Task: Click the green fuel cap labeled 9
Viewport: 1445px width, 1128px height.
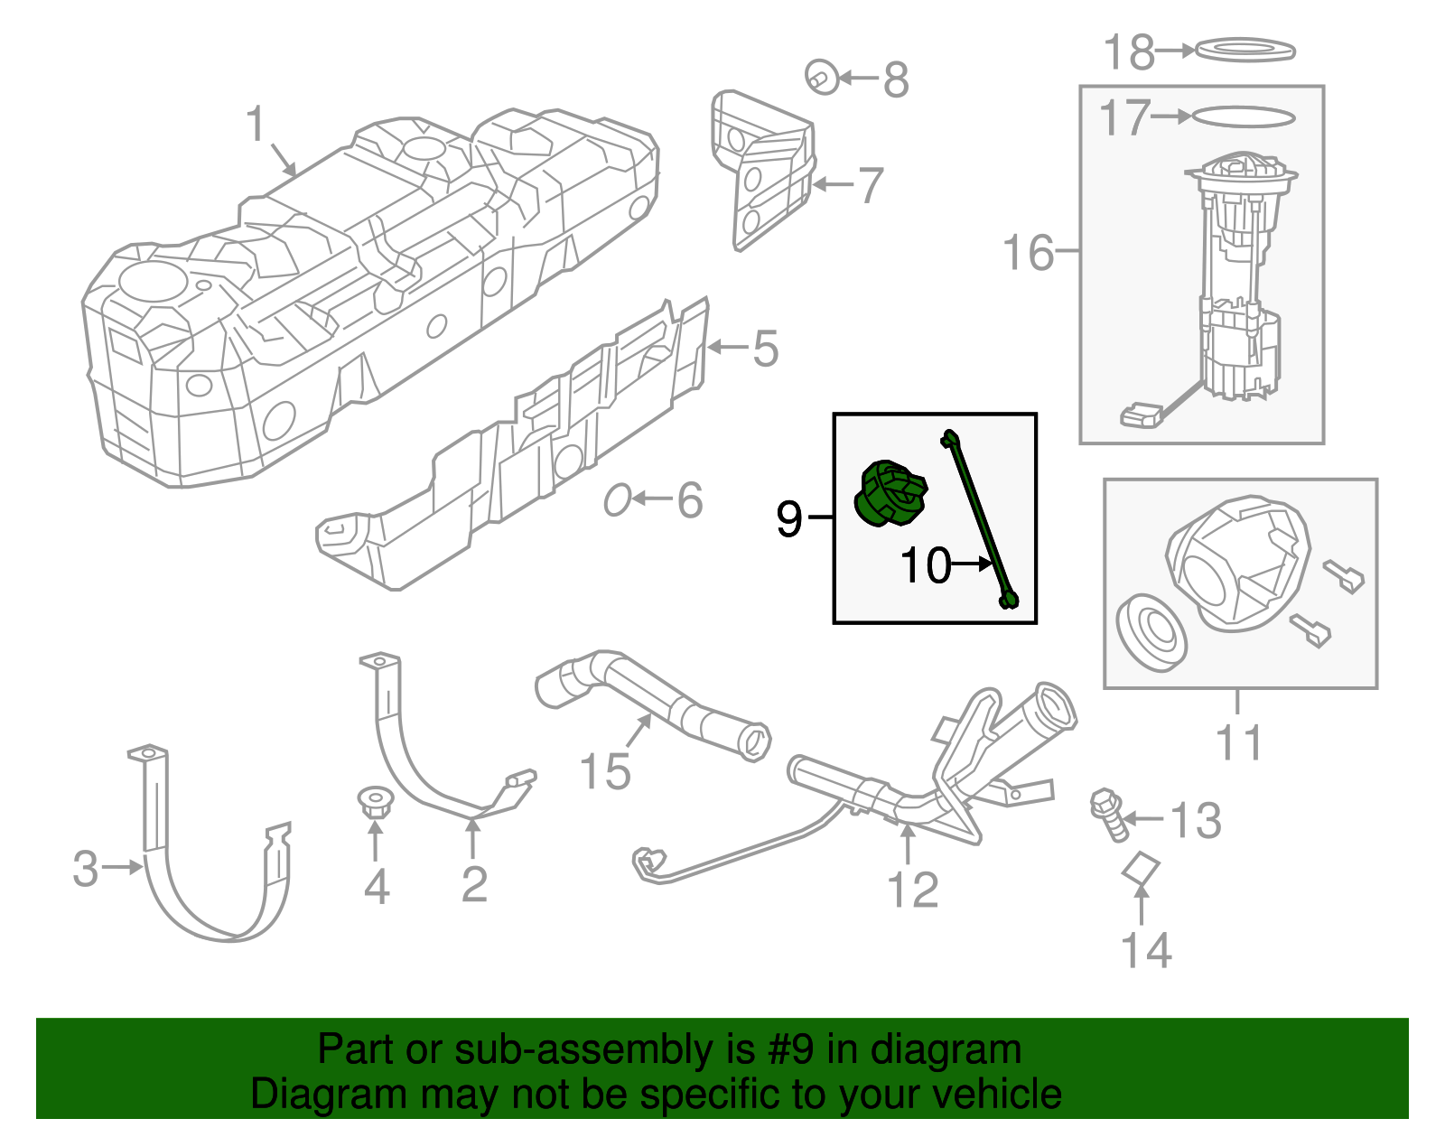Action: coord(888,495)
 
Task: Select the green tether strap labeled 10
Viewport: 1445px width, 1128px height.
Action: coord(980,519)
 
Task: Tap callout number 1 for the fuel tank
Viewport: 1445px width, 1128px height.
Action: coord(256,125)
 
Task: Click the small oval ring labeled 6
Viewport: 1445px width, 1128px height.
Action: coord(617,499)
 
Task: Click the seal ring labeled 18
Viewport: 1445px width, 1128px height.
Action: coord(1245,51)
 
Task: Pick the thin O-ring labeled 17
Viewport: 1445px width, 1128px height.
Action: coord(1244,117)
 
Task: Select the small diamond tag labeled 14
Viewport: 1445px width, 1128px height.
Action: coord(1141,868)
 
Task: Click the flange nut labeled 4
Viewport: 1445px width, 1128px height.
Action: coord(373,801)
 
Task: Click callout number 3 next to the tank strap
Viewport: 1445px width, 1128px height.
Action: coord(86,868)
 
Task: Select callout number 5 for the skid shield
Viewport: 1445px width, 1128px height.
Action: coord(765,349)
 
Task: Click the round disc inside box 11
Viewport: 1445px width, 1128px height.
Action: coord(1151,631)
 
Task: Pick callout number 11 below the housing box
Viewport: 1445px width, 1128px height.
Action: coord(1238,743)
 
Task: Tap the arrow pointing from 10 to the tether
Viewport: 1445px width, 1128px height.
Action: coord(974,564)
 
